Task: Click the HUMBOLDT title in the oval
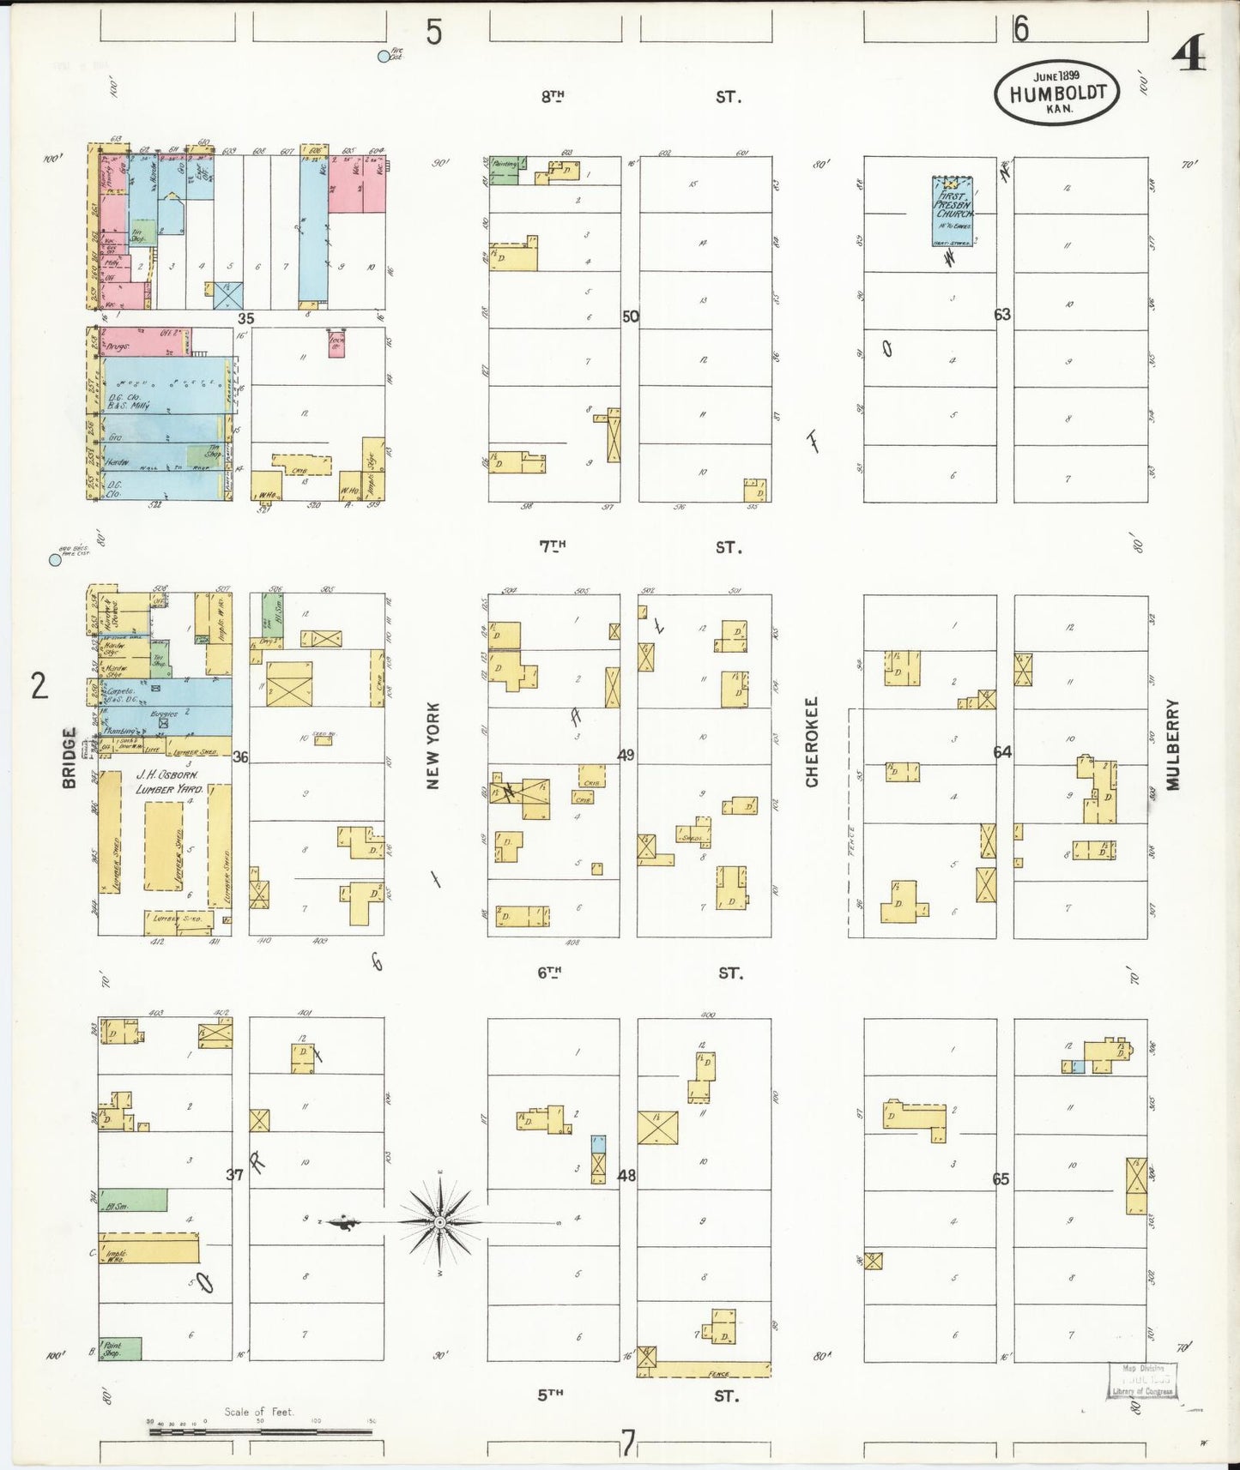(1057, 93)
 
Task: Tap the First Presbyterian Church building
(953, 211)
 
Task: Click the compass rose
(439, 1221)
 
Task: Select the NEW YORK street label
(433, 745)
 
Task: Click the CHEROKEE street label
(812, 741)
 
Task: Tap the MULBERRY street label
(1172, 744)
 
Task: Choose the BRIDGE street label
(70, 757)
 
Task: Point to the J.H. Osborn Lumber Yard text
(169, 781)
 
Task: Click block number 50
(631, 316)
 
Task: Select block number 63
(1002, 314)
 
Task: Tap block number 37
(235, 1174)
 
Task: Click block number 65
(1001, 1178)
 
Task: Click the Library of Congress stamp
(1142, 1380)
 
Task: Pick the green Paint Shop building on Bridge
(120, 1348)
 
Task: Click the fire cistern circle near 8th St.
(384, 57)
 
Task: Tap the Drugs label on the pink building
(118, 347)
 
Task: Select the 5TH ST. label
(639, 1395)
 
